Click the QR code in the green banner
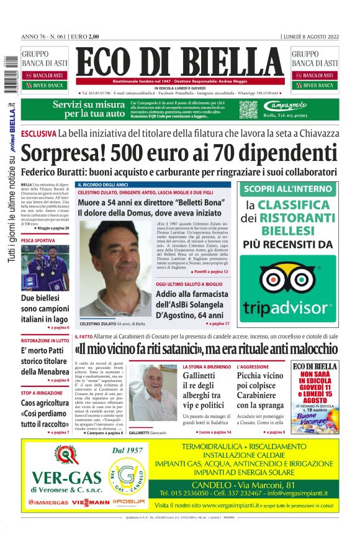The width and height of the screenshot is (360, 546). (x=248, y=109)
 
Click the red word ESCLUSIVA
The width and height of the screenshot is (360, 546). (x=38, y=133)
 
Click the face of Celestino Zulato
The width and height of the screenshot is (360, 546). (x=114, y=251)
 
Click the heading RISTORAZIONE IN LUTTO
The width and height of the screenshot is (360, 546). (x=45, y=341)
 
